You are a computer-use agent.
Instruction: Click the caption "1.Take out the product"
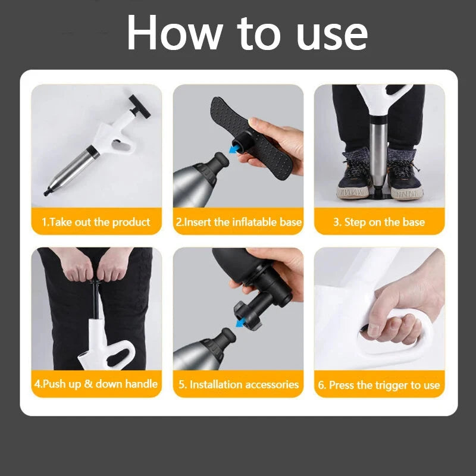coord(96,223)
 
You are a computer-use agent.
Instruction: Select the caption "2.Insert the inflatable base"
coord(238,223)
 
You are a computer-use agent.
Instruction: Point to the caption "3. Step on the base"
coord(379,223)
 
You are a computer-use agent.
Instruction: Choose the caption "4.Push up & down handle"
coord(96,384)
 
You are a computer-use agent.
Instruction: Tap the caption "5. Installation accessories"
coord(238,384)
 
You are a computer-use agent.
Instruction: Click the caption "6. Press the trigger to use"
coord(379,385)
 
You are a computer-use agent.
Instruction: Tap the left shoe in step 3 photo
coord(355,176)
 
